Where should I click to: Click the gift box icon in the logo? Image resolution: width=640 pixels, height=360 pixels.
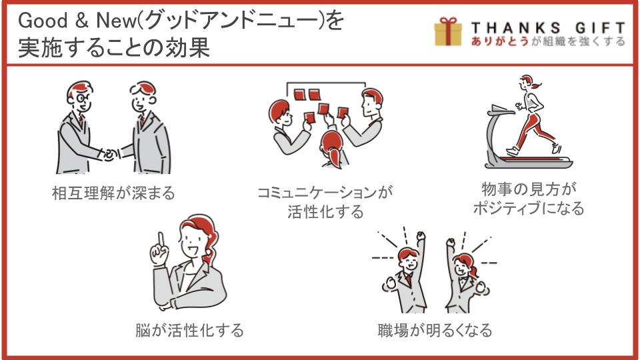(x=448, y=31)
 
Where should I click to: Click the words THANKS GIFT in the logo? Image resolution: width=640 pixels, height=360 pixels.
(x=548, y=29)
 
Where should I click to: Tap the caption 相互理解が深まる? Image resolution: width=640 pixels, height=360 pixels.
(x=113, y=193)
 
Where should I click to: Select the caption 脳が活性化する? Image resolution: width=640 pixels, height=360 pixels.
(x=189, y=330)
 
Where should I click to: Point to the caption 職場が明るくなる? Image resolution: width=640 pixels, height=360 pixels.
(x=435, y=330)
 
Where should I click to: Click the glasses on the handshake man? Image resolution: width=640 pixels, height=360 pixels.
(x=81, y=99)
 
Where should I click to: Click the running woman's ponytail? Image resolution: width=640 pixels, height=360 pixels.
(x=535, y=85)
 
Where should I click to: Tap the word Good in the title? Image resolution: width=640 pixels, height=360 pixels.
(x=43, y=21)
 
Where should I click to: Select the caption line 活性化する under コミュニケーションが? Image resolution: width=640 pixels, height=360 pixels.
(x=325, y=212)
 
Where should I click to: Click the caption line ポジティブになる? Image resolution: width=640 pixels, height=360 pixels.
(x=529, y=208)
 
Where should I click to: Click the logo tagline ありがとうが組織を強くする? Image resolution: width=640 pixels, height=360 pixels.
(x=548, y=41)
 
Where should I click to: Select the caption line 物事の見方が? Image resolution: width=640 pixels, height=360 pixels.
(x=529, y=189)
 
